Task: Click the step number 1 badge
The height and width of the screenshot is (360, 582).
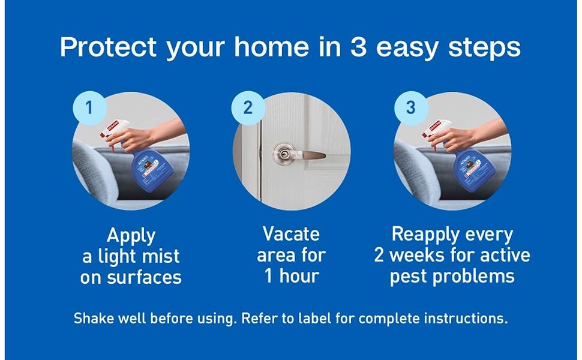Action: pos(89,107)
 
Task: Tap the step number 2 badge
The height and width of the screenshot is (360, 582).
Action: pos(248,107)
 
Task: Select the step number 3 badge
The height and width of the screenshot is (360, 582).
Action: pos(410,107)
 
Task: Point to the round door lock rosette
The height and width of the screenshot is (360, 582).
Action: pos(284,154)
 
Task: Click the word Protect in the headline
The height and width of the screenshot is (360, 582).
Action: pos(108,47)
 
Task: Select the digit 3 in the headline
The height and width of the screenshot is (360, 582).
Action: pos(358,47)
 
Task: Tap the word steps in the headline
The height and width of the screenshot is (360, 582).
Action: pos(484,48)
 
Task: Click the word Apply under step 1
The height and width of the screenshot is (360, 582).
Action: pos(131,236)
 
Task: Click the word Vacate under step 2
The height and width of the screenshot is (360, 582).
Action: pos(291,234)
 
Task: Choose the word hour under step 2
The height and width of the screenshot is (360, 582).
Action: pos(299,276)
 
